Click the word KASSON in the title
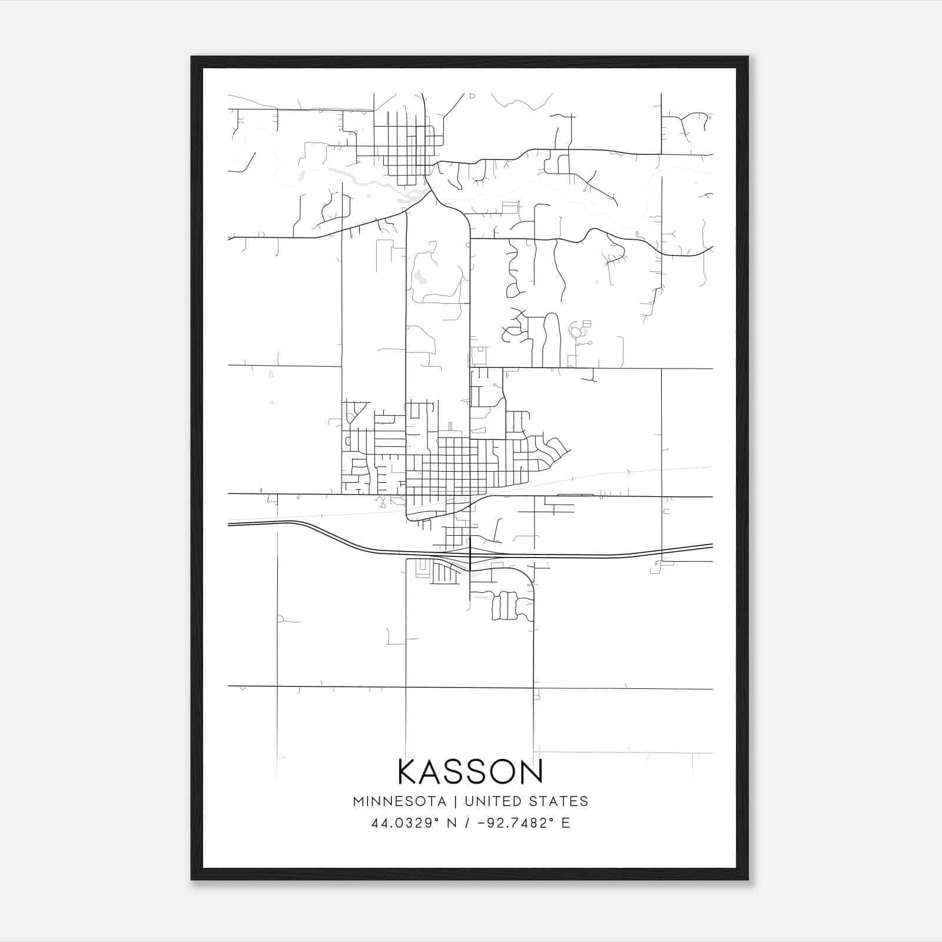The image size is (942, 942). click(x=470, y=772)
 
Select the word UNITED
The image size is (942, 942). click(x=493, y=801)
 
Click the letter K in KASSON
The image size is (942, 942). click(x=409, y=772)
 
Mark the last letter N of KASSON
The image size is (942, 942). click(x=532, y=772)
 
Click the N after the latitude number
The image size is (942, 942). click(x=452, y=823)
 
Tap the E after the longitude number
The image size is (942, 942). click(x=566, y=823)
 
